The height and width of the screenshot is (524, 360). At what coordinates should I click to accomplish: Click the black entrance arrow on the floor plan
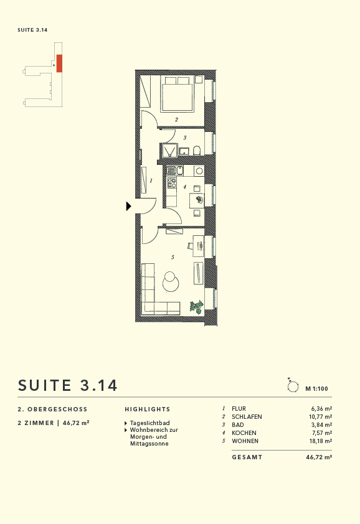(x=129, y=206)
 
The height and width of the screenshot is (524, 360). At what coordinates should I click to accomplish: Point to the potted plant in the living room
(x=197, y=306)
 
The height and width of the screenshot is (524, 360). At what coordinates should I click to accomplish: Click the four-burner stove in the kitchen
(x=171, y=182)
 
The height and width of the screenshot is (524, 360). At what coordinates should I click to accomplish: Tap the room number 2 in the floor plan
(x=176, y=120)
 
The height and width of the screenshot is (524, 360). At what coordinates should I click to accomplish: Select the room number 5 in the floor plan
(x=173, y=256)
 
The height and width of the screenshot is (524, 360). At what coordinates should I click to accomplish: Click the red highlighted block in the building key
(x=59, y=63)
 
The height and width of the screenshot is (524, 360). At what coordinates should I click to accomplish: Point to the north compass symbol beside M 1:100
(x=292, y=386)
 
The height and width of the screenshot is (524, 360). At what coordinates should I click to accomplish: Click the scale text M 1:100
(x=318, y=388)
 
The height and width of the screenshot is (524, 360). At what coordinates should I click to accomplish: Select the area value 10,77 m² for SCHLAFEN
(x=319, y=417)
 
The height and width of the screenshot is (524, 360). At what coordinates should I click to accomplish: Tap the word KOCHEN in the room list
(x=243, y=433)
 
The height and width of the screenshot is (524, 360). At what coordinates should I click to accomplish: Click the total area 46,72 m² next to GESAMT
(x=319, y=457)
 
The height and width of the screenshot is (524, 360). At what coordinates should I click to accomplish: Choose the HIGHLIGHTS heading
(x=148, y=409)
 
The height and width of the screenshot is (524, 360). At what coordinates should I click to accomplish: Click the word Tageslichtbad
(x=149, y=423)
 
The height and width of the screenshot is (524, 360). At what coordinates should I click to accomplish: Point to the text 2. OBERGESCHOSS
(x=53, y=409)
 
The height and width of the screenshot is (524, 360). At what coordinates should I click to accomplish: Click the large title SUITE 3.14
(x=68, y=385)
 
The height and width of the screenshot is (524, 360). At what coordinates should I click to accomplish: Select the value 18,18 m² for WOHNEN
(x=319, y=441)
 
